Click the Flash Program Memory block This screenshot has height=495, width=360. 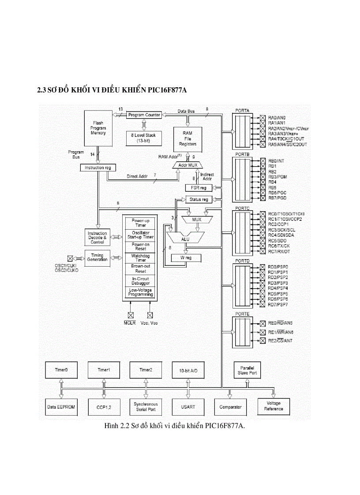pyautogui.click(x=98, y=127)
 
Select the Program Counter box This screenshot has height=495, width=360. pyautogui.click(x=144, y=115)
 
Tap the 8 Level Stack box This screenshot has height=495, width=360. pyautogui.click(x=143, y=138)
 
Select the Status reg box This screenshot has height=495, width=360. pyautogui.click(x=198, y=199)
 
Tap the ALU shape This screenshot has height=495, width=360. pyautogui.click(x=185, y=238)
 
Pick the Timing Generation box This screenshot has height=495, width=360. pyautogui.click(x=97, y=257)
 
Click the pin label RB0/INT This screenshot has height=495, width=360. pyautogui.click(x=276, y=161)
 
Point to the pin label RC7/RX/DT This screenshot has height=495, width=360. pyautogui.click(x=279, y=252)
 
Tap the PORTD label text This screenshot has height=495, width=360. pyautogui.click(x=242, y=261)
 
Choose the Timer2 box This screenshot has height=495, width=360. pyautogui.click(x=146, y=370)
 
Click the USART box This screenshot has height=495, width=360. pyautogui.click(x=188, y=407)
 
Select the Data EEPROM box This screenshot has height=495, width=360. pyautogui.click(x=60, y=407)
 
